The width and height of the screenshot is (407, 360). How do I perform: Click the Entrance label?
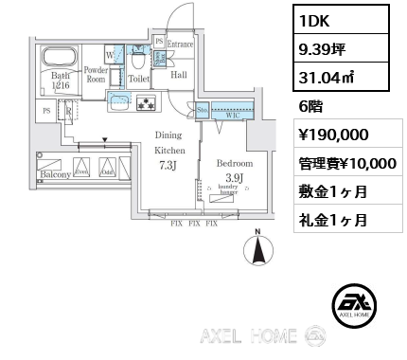click(x=180, y=45)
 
